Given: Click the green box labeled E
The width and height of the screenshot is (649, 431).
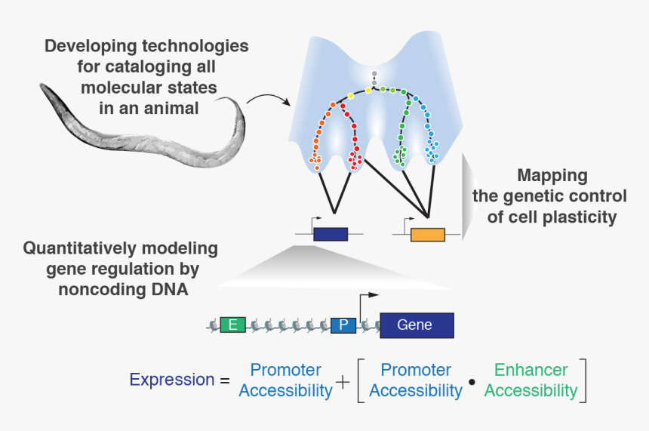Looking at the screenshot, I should pos(233,325).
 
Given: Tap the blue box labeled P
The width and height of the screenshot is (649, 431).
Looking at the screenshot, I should pos(343,325).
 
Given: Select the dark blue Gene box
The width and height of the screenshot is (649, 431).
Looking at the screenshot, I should pos(416,325).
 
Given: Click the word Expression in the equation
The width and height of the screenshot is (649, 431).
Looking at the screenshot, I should pos(171,380).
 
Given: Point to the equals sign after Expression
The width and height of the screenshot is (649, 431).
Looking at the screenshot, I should pos(224,380).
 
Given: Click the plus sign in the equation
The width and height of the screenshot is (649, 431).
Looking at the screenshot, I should pos(343,382).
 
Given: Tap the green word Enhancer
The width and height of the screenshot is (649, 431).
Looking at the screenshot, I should pos(531,370).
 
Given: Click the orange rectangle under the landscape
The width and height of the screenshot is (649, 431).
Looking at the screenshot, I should pos(427,235).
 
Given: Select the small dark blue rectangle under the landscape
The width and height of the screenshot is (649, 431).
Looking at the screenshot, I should pos(331,234).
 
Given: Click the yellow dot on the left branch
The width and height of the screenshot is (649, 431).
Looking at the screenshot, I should pos(350,97).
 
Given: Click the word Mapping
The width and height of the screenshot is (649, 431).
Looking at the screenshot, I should pos(552,176).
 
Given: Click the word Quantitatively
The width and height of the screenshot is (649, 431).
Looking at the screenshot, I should pos(78,248).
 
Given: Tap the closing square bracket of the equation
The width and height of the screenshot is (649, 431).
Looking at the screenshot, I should pos(583,380).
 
